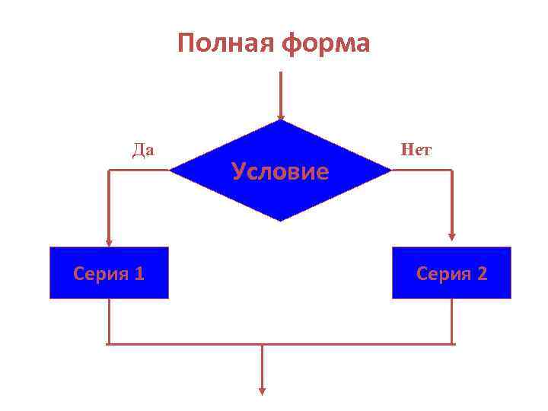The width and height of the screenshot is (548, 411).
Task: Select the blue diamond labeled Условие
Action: point(280,171)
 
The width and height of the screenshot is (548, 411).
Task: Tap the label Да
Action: point(143,149)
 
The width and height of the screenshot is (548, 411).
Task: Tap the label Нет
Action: point(416,149)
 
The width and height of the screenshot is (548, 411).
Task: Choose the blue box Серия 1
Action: point(109,272)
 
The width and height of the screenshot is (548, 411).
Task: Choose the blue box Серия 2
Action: point(451,272)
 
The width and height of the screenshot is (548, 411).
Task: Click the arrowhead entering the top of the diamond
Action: point(281,116)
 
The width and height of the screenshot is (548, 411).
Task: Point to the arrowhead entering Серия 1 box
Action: point(109,242)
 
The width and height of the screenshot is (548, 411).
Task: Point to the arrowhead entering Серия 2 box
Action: point(452,236)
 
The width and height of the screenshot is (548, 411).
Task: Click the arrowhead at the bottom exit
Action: point(263,391)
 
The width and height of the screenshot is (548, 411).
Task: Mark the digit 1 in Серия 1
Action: point(139,273)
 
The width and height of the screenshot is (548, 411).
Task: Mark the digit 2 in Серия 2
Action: point(481,273)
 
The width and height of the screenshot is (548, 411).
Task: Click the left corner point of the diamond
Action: point(170,171)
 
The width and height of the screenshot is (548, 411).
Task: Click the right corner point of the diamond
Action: point(390,171)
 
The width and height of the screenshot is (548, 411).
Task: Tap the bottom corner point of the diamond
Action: point(280,221)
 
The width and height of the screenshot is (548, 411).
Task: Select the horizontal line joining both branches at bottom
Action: point(280,344)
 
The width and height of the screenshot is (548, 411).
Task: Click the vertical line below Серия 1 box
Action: point(109,320)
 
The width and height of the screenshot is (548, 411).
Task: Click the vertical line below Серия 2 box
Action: point(452,320)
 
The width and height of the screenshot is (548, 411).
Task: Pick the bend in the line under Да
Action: point(109,171)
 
